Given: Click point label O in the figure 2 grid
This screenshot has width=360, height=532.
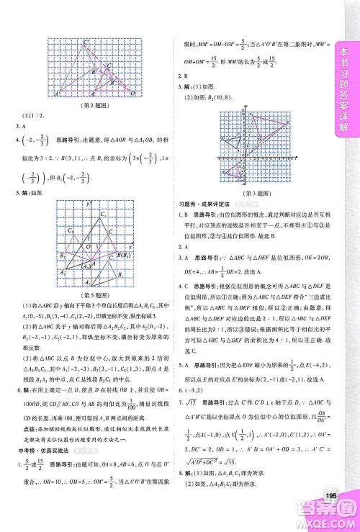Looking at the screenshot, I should [x=131, y=93].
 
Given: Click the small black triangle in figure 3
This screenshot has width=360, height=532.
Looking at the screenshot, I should [x=233, y=142].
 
